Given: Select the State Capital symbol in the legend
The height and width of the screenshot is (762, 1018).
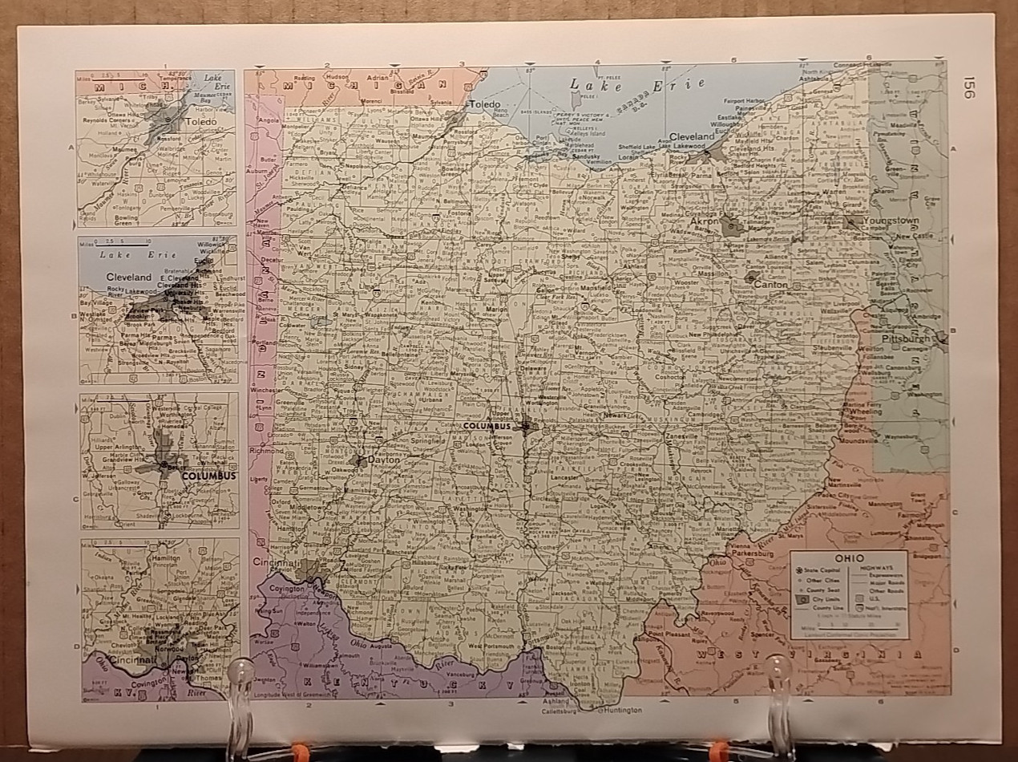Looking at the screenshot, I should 801,570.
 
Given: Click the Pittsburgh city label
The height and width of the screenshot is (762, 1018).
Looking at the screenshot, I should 904,339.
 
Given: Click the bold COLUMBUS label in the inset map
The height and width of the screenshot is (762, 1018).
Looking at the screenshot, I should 208,476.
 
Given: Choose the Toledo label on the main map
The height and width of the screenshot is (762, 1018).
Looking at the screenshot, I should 485,105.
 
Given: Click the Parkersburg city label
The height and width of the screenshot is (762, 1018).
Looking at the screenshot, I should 749,553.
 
